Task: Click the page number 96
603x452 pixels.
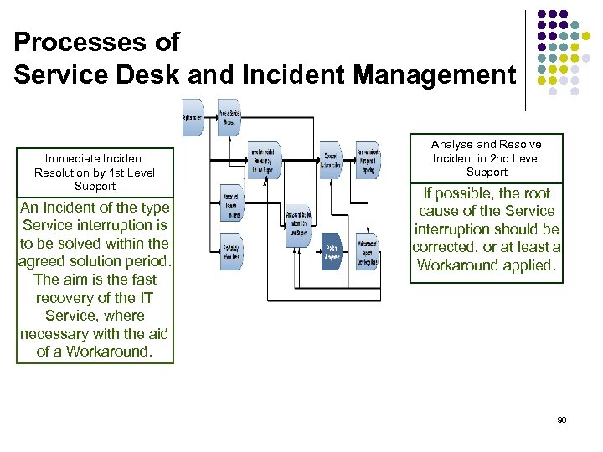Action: [x=562, y=419]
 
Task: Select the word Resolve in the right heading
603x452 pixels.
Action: [x=521, y=145]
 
